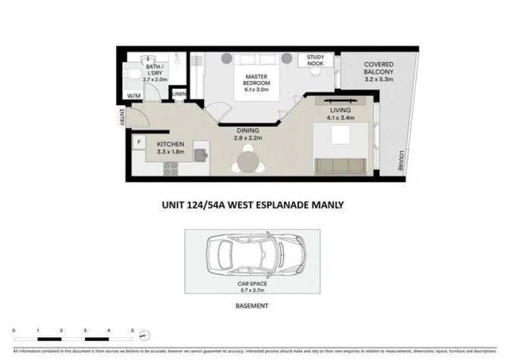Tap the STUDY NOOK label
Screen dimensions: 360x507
coord(315,60)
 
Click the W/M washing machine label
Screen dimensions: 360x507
coord(134,96)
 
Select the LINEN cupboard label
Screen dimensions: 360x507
coord(179,94)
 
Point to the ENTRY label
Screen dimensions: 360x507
coord(120,118)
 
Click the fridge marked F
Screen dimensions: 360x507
coord(139,142)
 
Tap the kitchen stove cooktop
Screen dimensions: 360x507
coord(170,168)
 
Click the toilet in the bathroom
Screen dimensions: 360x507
coord(132,75)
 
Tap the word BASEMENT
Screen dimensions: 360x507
coord(252,305)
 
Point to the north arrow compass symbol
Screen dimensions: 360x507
coord(145,335)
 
